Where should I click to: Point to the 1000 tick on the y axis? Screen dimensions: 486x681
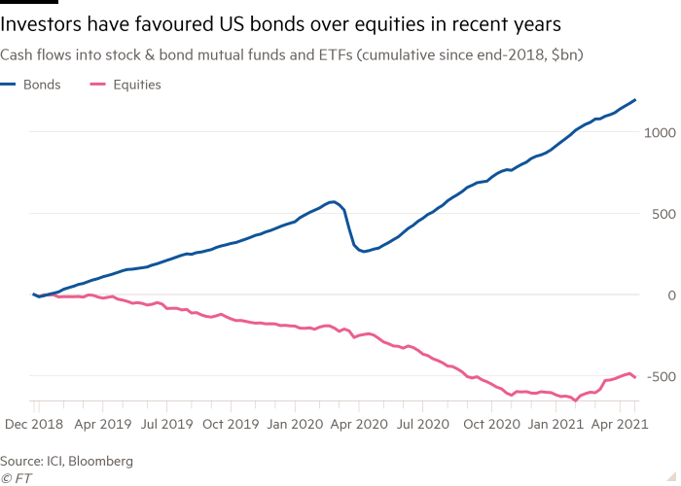[x=658, y=131]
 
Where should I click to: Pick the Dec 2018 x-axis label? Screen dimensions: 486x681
[x=34, y=424]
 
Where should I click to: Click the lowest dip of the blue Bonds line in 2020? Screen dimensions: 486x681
[x=363, y=252]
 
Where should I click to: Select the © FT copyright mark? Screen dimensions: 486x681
[x=14, y=478]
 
